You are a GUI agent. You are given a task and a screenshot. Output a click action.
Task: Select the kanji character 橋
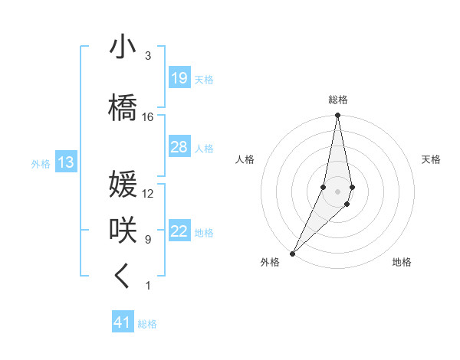point(123,107)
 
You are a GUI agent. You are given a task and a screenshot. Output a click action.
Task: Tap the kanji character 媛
point(123,185)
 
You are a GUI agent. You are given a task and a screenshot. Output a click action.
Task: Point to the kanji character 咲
point(123,231)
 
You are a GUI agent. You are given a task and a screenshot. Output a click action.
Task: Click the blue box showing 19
point(179,78)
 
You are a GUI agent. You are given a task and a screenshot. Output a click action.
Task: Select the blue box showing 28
point(179,147)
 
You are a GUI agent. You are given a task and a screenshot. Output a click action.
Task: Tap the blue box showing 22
point(179,231)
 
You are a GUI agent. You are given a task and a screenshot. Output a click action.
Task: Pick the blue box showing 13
point(66,162)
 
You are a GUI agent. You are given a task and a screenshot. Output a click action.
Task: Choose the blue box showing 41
point(123,322)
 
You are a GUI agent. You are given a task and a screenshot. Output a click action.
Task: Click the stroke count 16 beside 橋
point(148,117)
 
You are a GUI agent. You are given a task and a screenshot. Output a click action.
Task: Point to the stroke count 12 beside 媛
point(148,194)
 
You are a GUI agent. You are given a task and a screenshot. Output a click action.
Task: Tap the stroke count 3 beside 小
point(148,57)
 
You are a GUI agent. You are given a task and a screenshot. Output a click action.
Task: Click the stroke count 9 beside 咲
point(148,240)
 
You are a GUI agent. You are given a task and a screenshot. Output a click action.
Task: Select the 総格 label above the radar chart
point(337,100)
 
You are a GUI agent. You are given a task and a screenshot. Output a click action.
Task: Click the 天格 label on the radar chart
point(432,159)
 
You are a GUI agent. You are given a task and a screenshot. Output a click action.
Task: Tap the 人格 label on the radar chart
point(245,159)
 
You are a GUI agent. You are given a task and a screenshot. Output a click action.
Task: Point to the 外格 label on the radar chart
point(270,263)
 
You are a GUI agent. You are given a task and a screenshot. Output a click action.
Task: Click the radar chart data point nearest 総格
point(337,116)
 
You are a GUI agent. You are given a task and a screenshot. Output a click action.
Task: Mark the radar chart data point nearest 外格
point(293,253)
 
